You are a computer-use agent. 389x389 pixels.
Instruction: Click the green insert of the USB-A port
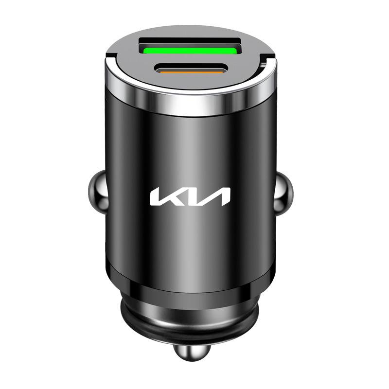(190, 51)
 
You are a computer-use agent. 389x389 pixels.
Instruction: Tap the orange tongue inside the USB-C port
(191, 72)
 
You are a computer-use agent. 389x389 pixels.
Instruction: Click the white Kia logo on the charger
(190, 197)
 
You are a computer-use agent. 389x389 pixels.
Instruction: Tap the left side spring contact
(98, 192)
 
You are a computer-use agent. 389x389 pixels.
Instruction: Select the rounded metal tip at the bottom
(192, 352)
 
